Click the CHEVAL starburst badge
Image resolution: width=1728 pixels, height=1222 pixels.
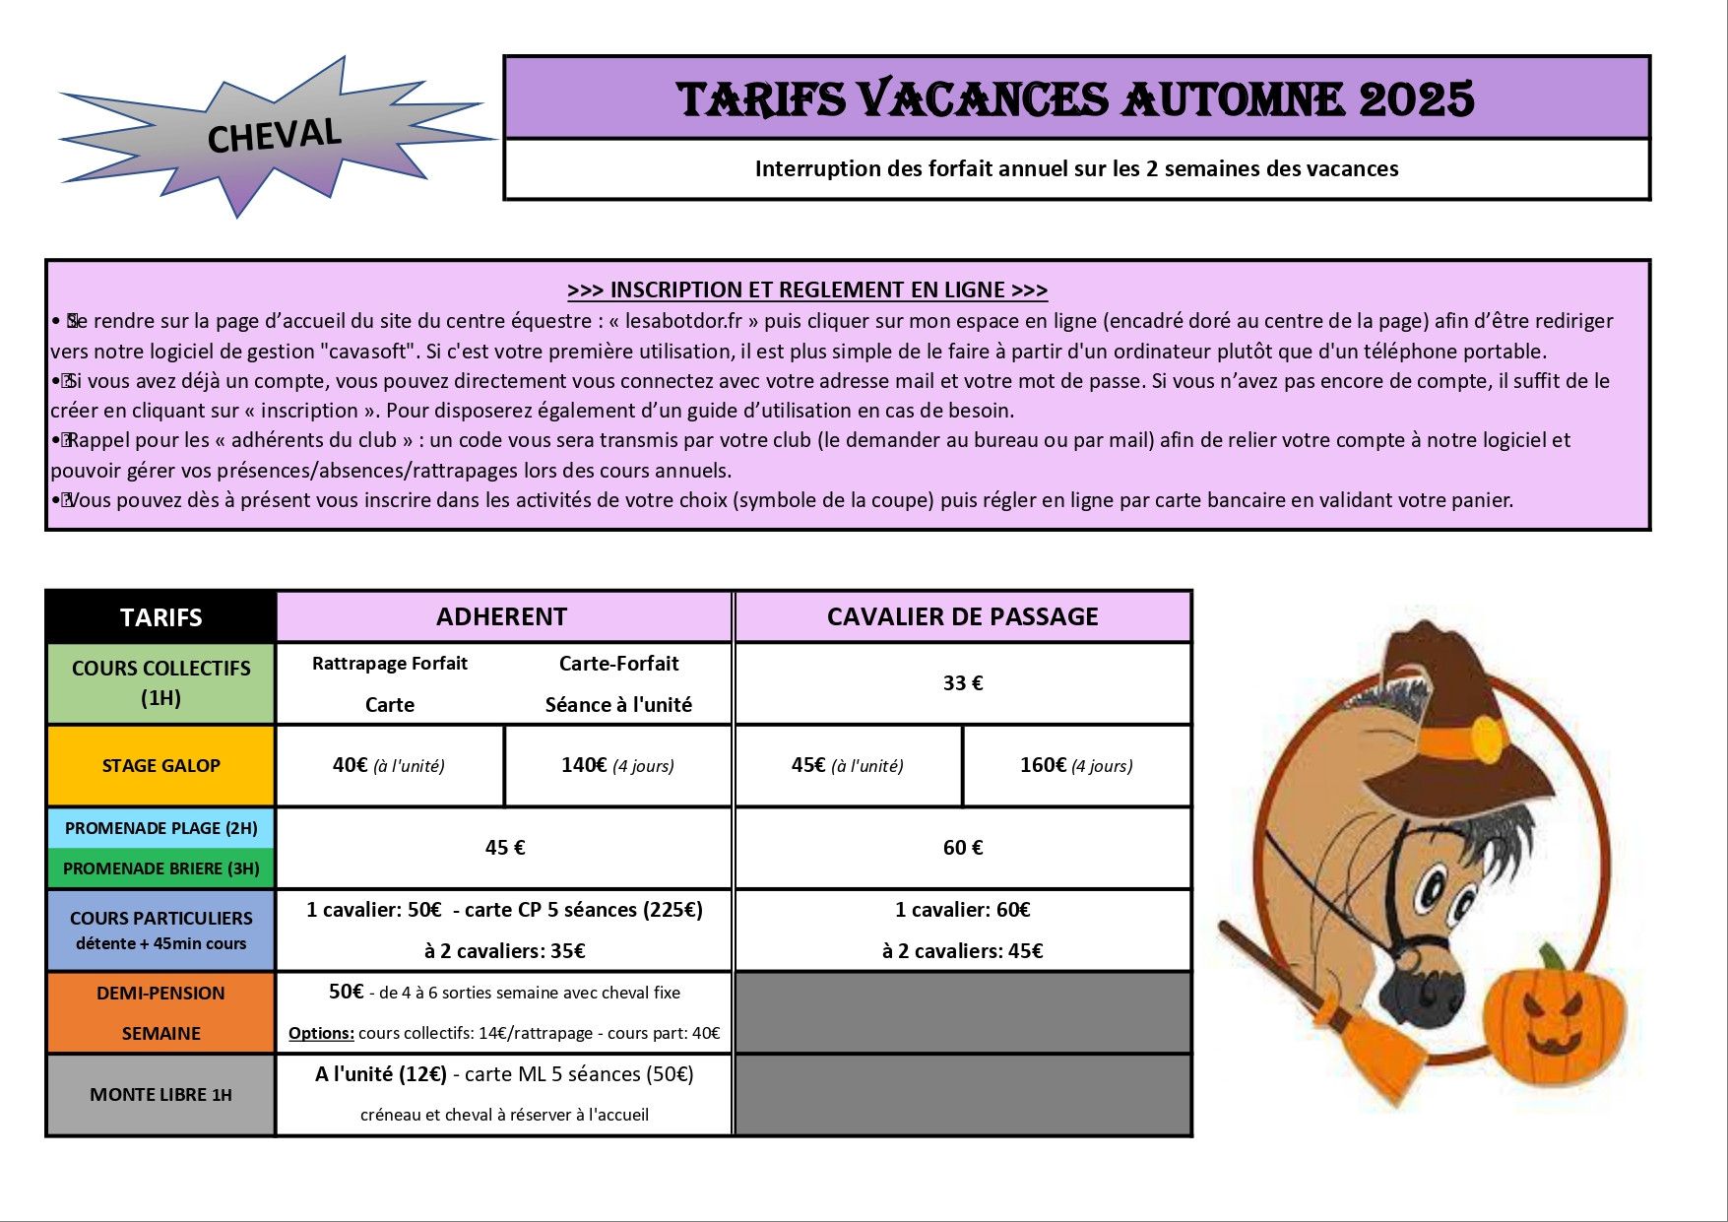273,136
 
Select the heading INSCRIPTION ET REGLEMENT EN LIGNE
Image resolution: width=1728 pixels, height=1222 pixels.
807,289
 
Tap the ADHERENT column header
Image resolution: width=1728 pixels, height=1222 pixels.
502,617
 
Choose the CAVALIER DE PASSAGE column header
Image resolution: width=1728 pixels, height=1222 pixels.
962,617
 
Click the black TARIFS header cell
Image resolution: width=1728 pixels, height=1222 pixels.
160,617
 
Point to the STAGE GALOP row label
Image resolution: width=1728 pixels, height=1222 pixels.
160,766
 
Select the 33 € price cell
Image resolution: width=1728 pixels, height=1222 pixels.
962,683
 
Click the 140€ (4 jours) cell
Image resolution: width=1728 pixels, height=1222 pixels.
617,766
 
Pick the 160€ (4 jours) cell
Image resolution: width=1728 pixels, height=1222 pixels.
1076,766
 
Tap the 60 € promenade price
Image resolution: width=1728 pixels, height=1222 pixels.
962,848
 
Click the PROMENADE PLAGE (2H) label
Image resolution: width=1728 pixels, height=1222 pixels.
160,828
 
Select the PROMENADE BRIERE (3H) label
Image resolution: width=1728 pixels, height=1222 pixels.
160,868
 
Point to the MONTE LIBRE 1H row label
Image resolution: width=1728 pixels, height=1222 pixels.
160,1095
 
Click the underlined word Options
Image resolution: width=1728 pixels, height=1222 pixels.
321,1034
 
